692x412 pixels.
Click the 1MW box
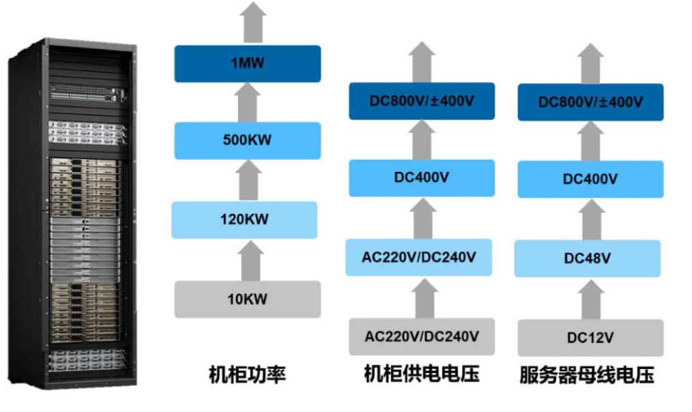247,63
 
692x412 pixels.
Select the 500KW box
247,141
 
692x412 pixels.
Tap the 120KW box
245,220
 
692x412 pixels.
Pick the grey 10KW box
247,299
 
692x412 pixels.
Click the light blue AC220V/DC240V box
420,257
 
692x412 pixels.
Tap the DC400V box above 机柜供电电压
422,178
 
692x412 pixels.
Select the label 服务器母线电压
587,375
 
